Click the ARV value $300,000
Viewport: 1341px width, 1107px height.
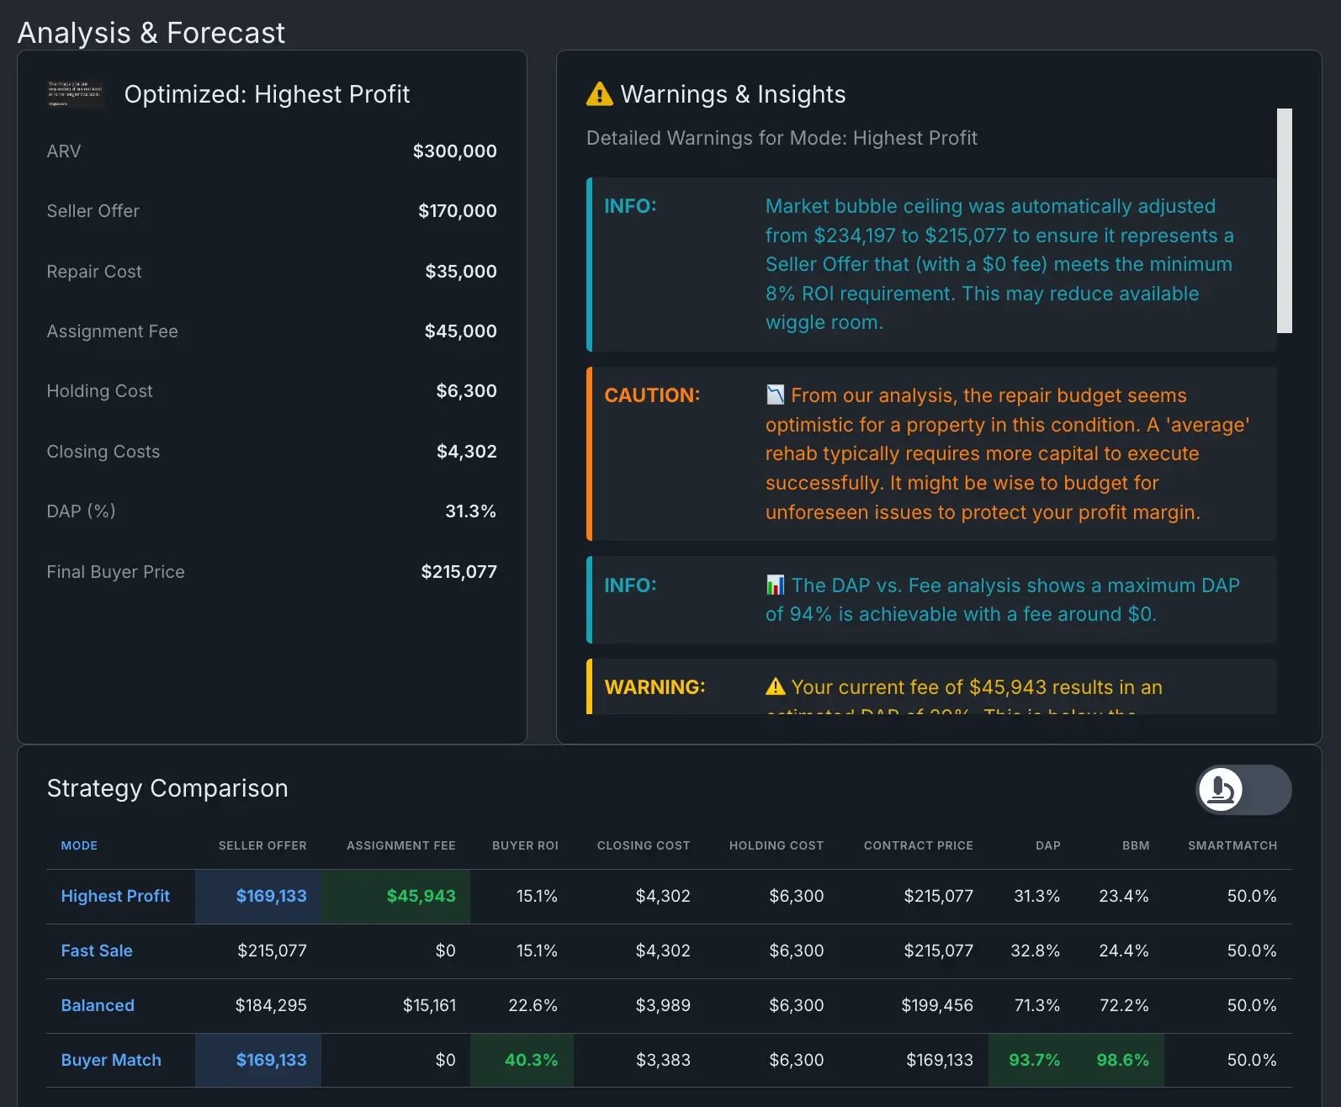coord(454,151)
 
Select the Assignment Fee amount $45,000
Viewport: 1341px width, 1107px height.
coord(460,331)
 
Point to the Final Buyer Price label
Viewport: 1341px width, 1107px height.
coord(115,572)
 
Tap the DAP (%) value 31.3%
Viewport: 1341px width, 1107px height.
coord(470,511)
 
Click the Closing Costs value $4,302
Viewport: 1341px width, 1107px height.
coord(466,452)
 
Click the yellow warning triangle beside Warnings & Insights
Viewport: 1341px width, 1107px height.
coord(599,94)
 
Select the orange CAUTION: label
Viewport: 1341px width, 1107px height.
coord(652,395)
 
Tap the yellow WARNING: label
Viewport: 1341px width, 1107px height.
coord(655,687)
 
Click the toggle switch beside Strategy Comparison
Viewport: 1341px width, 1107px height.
coord(1243,790)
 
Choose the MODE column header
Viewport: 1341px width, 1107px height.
coord(79,845)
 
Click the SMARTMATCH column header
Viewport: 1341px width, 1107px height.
coord(1232,845)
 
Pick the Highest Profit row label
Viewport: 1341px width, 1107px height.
coord(115,896)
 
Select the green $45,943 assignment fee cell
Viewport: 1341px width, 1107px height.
coord(421,896)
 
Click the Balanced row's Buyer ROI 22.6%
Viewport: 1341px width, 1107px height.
coord(533,1005)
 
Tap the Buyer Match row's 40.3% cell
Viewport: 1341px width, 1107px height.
coord(531,1060)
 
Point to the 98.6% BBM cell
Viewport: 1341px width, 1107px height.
coord(1122,1060)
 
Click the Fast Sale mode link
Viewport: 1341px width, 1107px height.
coord(97,951)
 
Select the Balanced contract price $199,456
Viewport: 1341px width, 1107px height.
coord(936,1005)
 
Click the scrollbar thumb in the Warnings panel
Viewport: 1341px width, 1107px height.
coord(1284,220)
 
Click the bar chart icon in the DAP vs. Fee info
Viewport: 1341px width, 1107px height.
coord(775,585)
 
